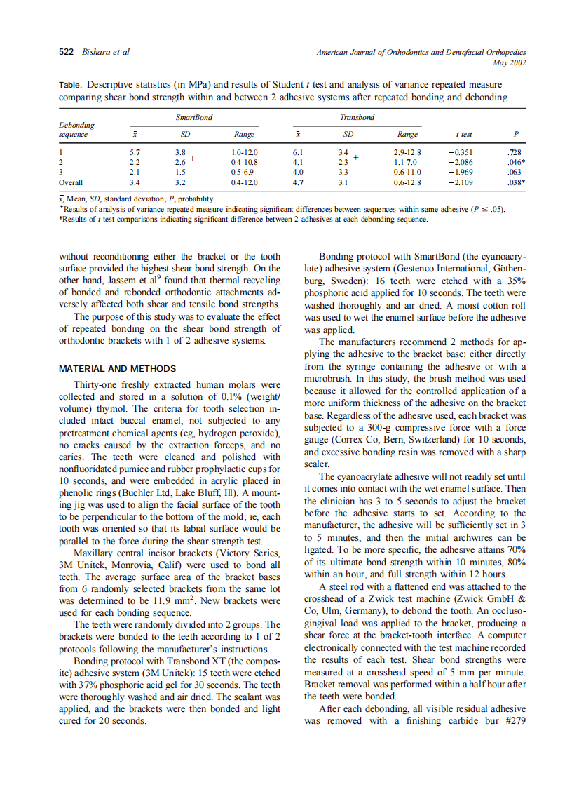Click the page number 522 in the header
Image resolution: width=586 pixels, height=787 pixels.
click(x=66, y=52)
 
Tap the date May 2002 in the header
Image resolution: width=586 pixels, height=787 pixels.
click(x=510, y=62)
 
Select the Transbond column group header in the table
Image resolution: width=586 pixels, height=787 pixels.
click(x=357, y=118)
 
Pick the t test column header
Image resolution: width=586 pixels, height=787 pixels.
click(x=463, y=134)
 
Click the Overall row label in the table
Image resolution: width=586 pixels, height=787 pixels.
click(x=71, y=182)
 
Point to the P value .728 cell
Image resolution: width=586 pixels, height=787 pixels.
click(x=513, y=152)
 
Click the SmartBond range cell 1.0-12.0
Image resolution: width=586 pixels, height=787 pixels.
click(x=244, y=152)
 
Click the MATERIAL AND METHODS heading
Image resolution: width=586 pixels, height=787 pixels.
click(x=117, y=368)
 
